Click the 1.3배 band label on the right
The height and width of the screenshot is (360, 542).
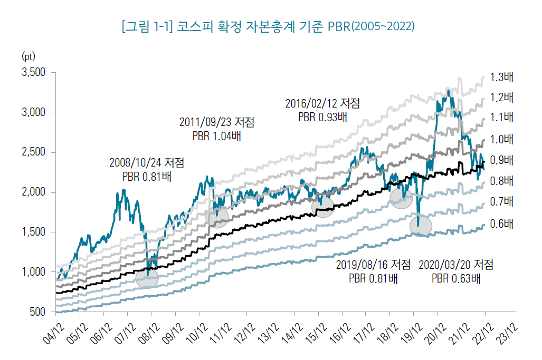point(501,77)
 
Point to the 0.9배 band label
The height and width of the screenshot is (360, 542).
point(501,160)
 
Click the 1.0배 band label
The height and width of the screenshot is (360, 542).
point(501,139)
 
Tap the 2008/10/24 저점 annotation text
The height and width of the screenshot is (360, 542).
point(147,161)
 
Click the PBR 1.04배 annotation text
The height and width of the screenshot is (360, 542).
point(216,136)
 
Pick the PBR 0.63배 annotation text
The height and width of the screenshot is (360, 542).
point(455,278)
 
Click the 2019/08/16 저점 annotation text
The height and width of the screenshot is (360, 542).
point(374,264)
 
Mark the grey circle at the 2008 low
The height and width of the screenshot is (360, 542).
point(147,279)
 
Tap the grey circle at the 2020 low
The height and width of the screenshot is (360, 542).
point(421,226)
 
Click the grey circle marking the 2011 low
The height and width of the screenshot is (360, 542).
point(217,216)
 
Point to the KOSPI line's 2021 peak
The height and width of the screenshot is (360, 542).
point(448,91)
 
